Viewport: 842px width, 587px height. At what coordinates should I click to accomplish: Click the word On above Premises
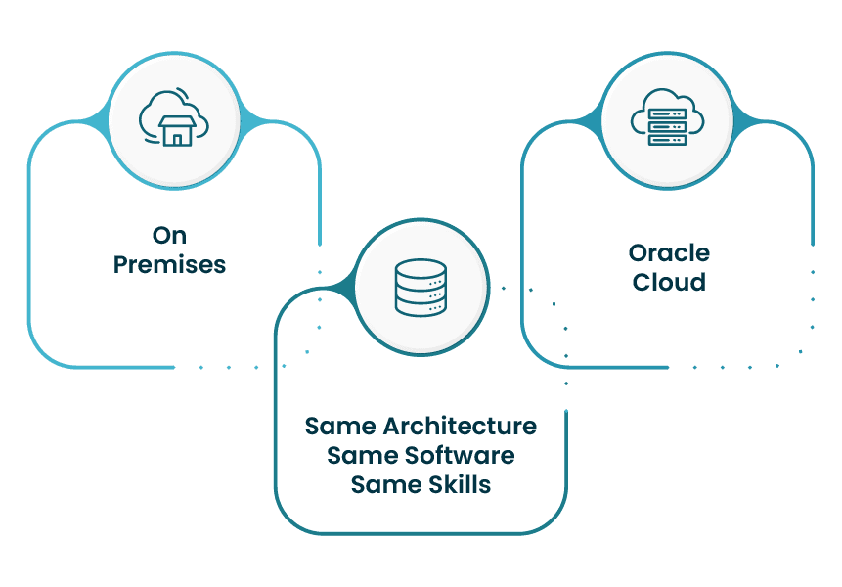pos(169,236)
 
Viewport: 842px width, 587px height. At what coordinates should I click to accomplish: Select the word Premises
pos(169,264)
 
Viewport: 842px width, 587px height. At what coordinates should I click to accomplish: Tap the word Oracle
pos(669,253)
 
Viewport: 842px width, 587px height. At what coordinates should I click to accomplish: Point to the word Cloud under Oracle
pos(669,282)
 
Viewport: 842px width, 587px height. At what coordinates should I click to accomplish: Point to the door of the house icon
pos(177,138)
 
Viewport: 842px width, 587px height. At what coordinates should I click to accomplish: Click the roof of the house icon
pos(177,118)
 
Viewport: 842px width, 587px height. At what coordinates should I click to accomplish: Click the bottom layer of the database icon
pos(420,307)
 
